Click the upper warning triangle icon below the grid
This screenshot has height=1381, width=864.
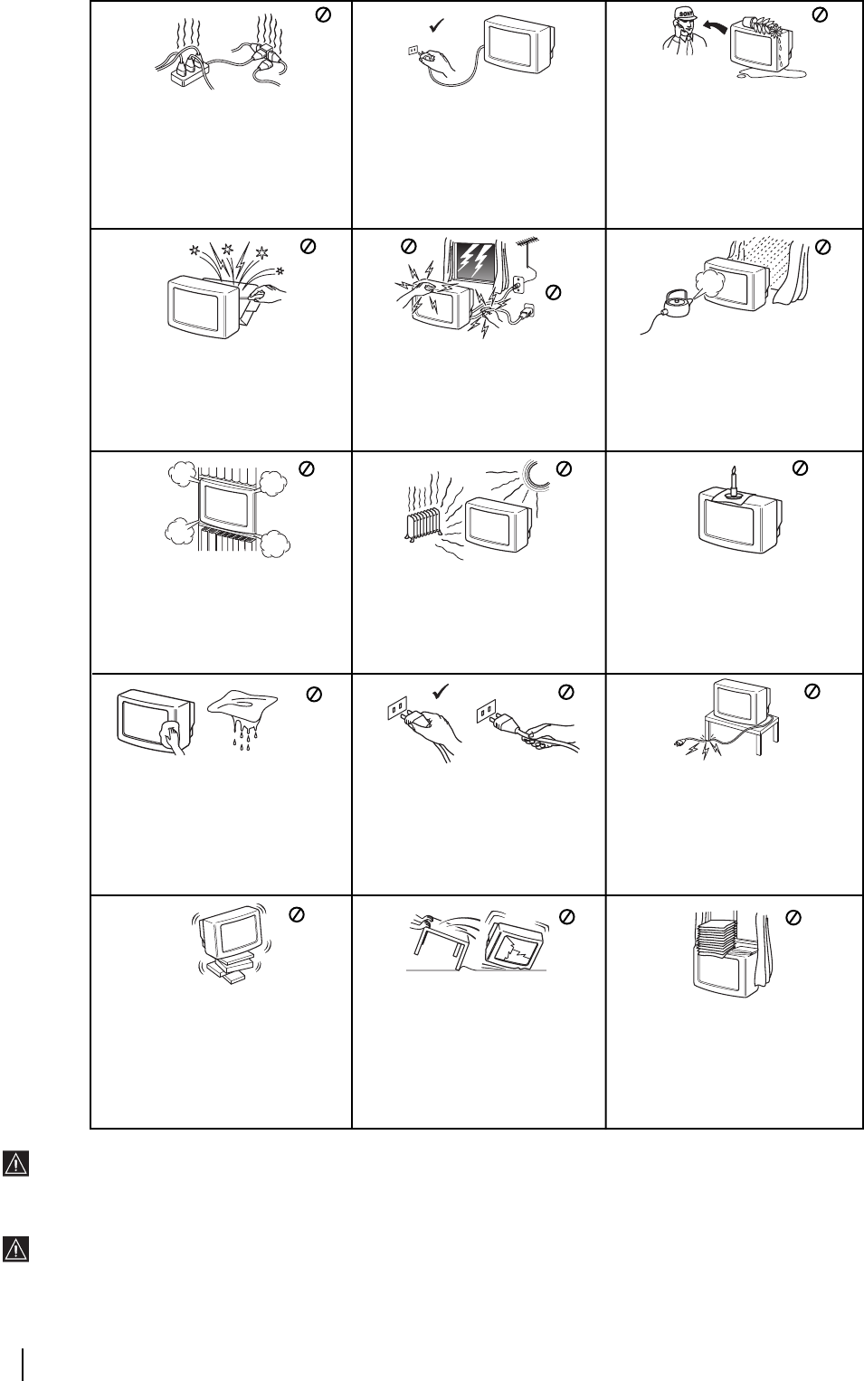click(15, 1164)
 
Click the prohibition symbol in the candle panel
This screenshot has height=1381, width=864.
click(800, 468)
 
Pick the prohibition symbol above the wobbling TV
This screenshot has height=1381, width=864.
click(295, 914)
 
